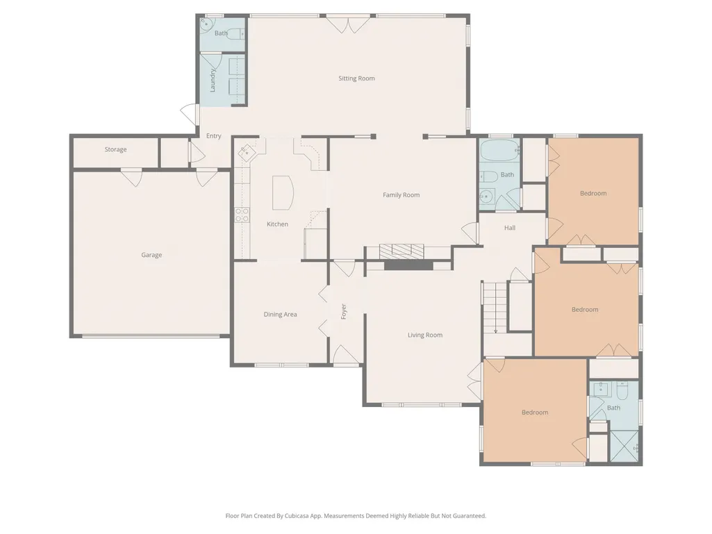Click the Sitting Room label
click(356, 78)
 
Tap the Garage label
click(151, 255)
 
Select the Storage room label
click(115, 149)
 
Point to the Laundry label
click(213, 81)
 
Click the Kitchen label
click(277, 224)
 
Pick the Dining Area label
click(280, 315)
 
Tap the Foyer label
click(344, 312)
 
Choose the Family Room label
click(401, 195)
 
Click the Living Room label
click(425, 335)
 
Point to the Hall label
click(509, 228)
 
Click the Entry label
click(213, 136)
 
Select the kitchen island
click(283, 192)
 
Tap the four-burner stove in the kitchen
click(242, 215)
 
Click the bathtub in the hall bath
click(499, 150)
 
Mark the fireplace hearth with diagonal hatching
click(401, 251)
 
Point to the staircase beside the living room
click(494, 307)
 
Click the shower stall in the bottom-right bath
click(624, 445)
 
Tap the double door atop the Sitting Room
click(348, 24)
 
